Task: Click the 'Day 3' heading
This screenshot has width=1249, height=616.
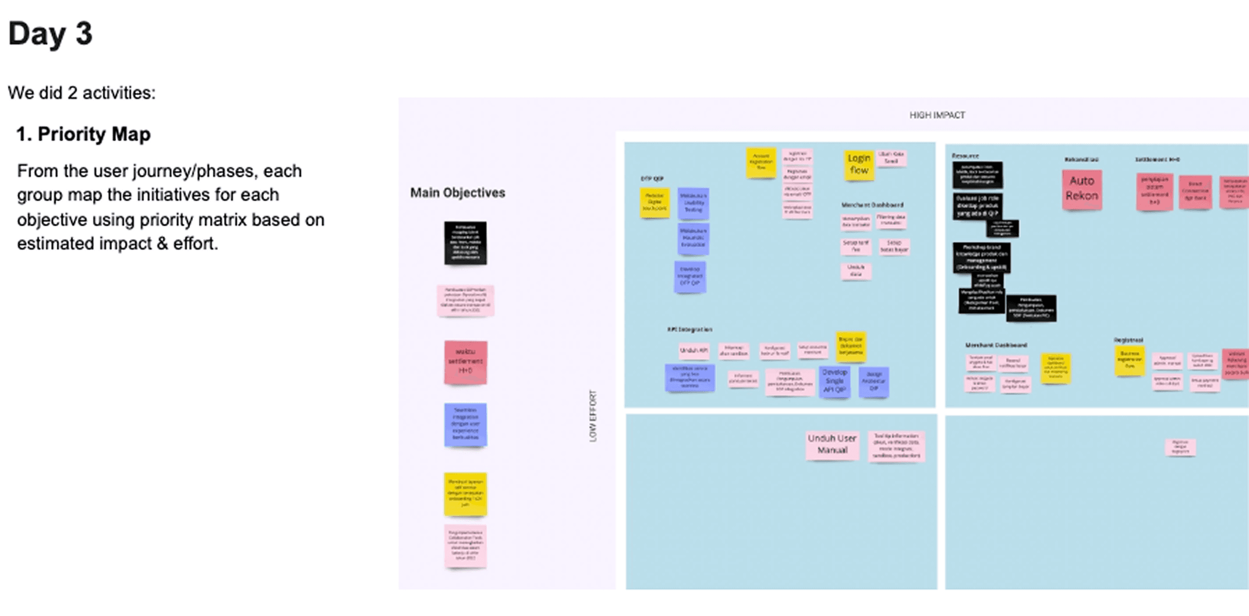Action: coord(50,34)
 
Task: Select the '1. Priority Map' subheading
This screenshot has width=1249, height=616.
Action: coord(83,134)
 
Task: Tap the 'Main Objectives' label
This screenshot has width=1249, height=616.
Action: coord(457,193)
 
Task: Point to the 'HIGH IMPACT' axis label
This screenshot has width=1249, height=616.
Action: coord(937,115)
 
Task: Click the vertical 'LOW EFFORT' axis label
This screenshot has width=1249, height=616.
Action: coord(593,416)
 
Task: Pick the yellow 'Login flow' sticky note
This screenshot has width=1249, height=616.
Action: coord(859,165)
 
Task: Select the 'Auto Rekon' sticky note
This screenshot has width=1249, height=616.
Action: coord(1081,189)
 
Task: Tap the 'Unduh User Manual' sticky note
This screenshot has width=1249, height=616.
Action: coord(832,445)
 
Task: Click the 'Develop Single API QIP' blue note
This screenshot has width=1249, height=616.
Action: coord(834,381)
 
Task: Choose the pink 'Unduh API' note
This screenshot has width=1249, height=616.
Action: coord(694,351)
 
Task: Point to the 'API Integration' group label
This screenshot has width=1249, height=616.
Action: coord(689,330)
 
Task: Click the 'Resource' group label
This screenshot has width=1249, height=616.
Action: coord(965,156)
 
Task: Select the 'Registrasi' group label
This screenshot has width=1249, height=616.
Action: coord(1128,340)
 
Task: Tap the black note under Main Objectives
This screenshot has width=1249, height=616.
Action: coord(465,243)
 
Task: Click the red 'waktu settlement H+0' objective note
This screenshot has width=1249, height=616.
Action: coord(465,362)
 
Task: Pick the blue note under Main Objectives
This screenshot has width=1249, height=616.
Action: coord(465,425)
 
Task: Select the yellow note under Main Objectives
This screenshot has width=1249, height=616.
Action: coord(465,494)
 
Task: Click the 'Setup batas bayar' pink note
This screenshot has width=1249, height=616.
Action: coord(894,246)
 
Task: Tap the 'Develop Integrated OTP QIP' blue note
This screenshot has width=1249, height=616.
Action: coord(690,276)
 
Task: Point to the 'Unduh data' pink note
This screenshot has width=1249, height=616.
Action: coord(855,271)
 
